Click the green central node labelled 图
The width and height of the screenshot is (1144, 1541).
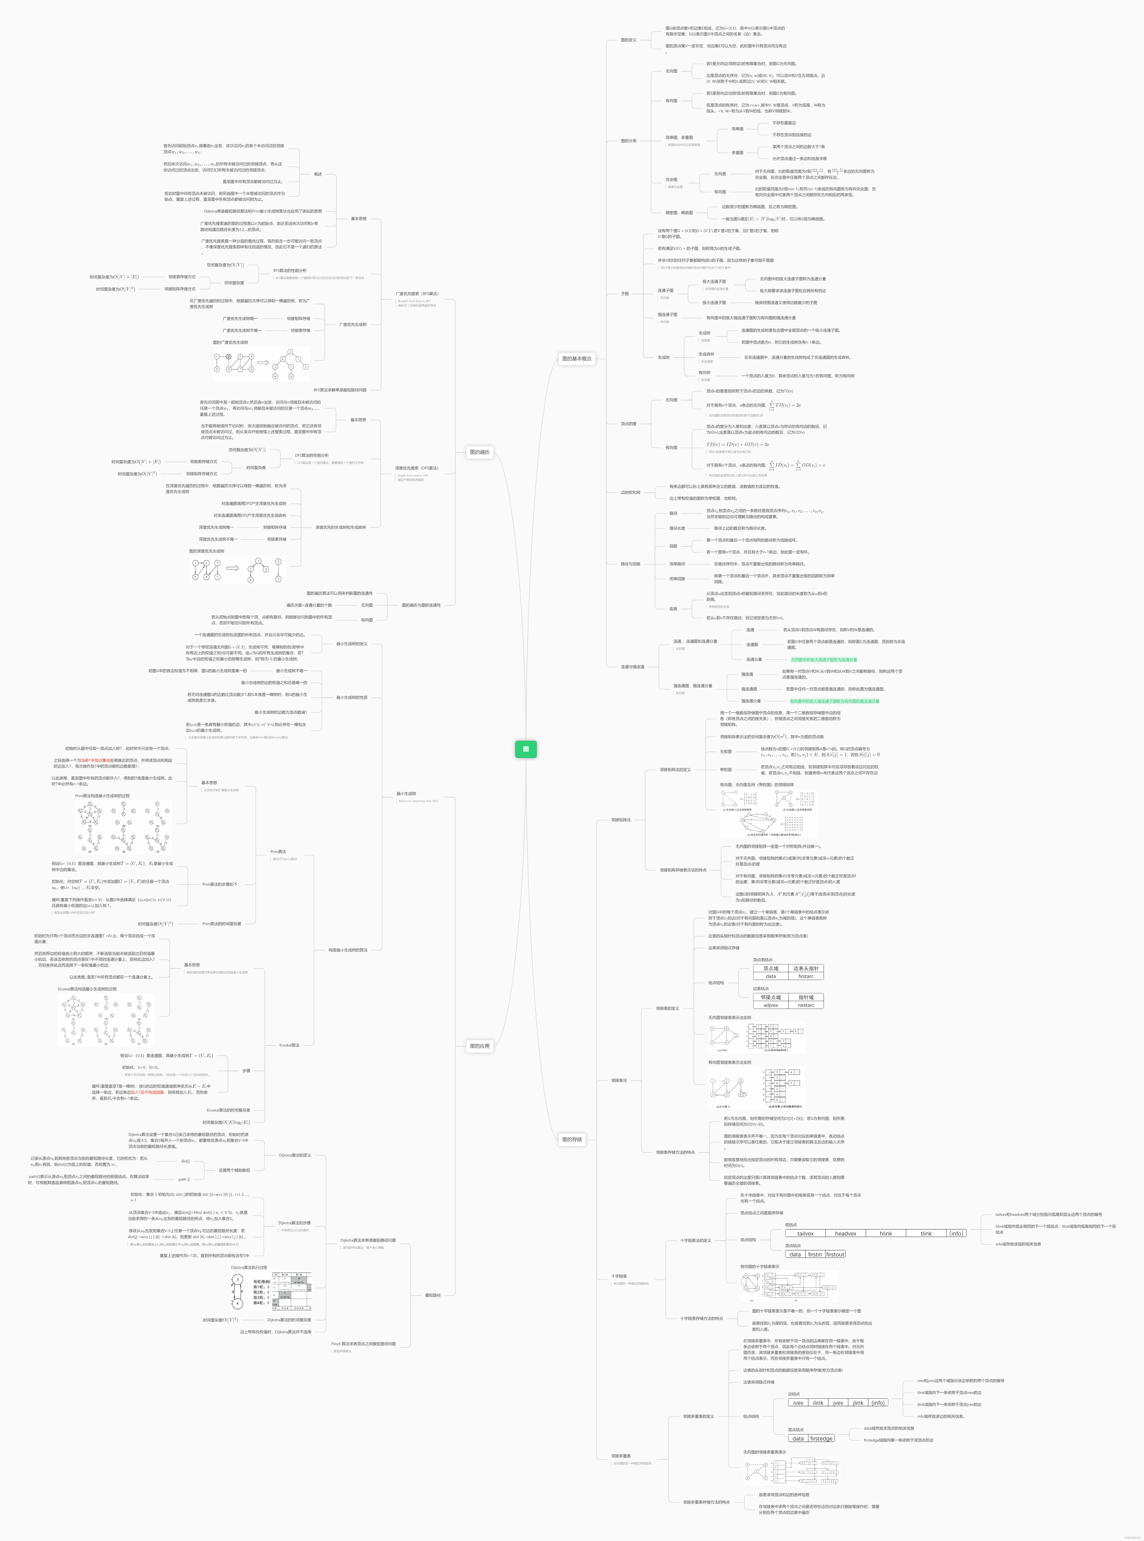click(x=526, y=749)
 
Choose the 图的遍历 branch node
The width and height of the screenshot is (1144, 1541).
click(x=479, y=452)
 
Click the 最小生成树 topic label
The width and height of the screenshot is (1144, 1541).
click(x=407, y=794)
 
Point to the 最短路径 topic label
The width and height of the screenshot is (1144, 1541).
click(x=433, y=1295)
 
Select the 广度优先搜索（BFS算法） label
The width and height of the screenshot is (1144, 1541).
click(x=417, y=294)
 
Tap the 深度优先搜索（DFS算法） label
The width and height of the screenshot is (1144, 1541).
click(x=417, y=468)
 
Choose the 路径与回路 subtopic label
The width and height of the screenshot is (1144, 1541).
click(x=630, y=564)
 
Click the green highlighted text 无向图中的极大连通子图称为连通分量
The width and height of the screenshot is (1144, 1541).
click(x=824, y=660)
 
